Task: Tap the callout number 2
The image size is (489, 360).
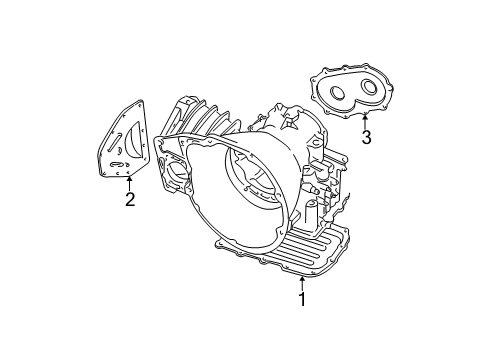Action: coord(130,199)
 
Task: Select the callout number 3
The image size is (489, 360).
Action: coord(366,137)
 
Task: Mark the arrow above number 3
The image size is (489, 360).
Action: coord(365,119)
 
